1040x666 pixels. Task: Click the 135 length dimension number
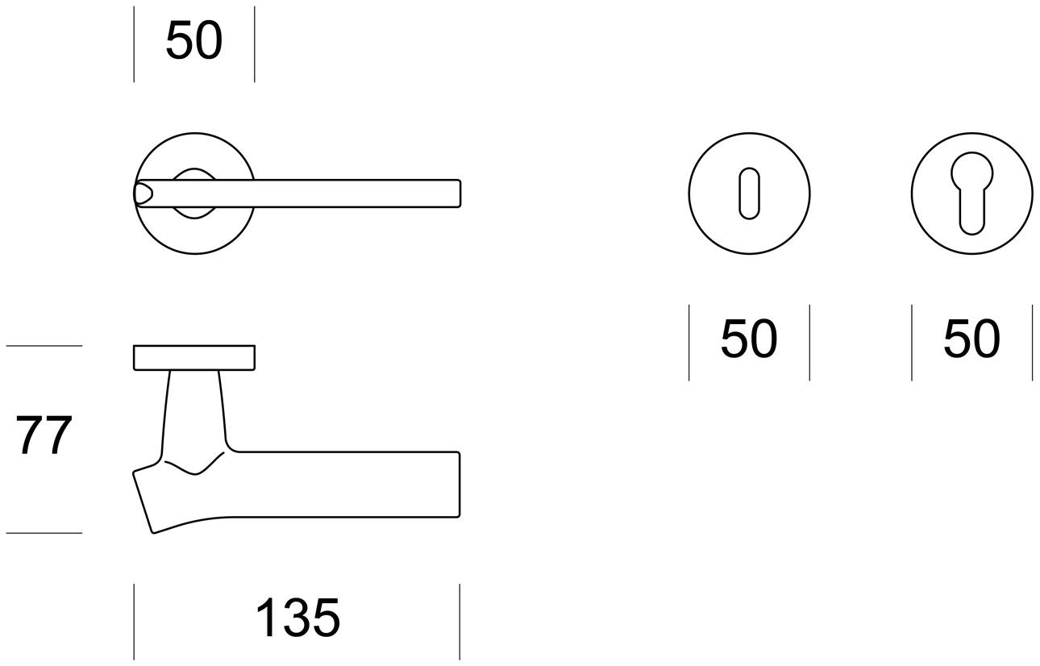297,618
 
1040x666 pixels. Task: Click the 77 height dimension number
44,436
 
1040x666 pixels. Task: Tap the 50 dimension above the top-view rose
193,41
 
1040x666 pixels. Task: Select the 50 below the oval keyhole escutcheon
749,339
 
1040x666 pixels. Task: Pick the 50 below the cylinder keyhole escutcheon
971,339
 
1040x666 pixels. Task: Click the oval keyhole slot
749,193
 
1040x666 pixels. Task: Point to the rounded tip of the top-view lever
140,193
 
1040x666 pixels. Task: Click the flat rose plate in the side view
193,358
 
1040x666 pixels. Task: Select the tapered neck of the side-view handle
193,411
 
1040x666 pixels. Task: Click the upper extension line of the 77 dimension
44,346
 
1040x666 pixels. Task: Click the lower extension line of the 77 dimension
44,533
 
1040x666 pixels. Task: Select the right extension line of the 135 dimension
460,621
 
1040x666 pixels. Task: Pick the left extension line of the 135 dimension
134,621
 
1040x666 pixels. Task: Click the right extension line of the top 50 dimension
254,44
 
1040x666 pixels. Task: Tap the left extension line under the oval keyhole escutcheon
689,342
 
